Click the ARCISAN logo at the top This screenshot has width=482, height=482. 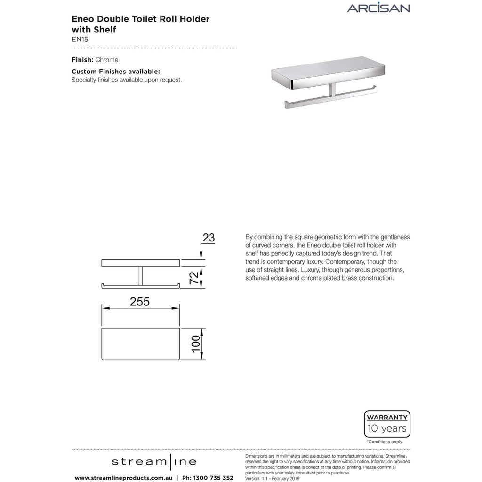(x=378, y=8)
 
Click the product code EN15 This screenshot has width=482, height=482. (x=80, y=40)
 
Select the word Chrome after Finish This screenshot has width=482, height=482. (x=107, y=60)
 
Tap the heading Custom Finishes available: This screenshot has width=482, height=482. (x=116, y=72)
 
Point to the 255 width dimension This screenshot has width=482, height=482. (x=140, y=302)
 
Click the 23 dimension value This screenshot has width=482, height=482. (x=208, y=238)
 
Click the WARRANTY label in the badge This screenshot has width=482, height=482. (x=387, y=417)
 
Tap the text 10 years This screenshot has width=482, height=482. (x=387, y=429)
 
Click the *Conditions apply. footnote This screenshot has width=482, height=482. (x=385, y=442)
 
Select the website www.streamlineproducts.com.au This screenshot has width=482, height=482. (x=123, y=477)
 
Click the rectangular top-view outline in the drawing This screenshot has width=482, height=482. (x=141, y=344)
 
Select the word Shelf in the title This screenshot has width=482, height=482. (x=103, y=30)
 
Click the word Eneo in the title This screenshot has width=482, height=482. (x=82, y=19)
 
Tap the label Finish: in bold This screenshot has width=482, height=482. (x=82, y=60)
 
